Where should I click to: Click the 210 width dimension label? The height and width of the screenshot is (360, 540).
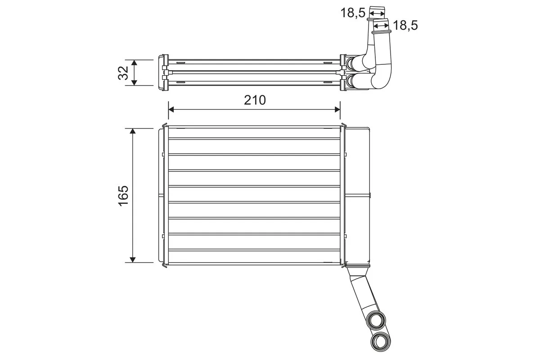[255, 100]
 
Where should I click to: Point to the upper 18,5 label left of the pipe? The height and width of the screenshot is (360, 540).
[352, 13]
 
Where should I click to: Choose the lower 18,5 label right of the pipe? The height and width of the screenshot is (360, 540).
[405, 26]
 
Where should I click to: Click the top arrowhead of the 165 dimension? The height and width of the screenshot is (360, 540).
[133, 131]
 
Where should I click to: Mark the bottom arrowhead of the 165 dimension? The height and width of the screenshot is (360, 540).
[133, 259]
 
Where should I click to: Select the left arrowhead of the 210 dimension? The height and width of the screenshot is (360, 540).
[171, 109]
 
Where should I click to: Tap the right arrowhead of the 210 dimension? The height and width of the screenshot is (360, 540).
[337, 109]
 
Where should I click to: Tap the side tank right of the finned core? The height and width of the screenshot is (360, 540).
[358, 195]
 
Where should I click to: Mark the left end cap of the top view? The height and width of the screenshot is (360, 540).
[161, 73]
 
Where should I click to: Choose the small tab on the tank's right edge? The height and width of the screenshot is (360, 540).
[370, 195]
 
